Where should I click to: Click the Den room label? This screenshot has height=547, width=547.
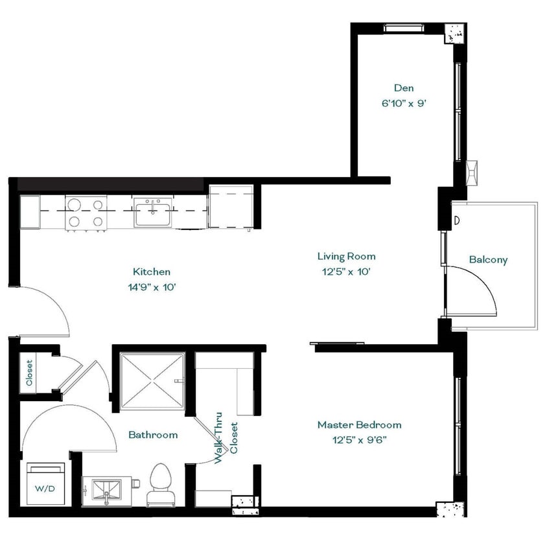403,88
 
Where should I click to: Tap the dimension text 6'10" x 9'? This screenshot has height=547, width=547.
403,102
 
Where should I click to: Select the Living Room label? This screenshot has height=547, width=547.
346,257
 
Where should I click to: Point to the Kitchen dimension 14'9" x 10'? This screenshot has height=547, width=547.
152,286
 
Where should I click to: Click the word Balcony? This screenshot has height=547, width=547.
488,260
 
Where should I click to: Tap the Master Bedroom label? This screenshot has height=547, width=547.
359,425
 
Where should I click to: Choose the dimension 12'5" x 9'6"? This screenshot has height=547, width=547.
359,439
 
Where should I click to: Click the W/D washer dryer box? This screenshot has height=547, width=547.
45,483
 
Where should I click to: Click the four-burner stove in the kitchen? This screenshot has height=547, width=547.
86,213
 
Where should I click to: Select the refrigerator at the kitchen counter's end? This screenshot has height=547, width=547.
230,206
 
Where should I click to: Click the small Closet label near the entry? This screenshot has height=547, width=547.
30,373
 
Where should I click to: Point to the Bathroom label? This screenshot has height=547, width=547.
152,435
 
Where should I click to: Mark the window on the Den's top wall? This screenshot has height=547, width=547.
402,28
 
